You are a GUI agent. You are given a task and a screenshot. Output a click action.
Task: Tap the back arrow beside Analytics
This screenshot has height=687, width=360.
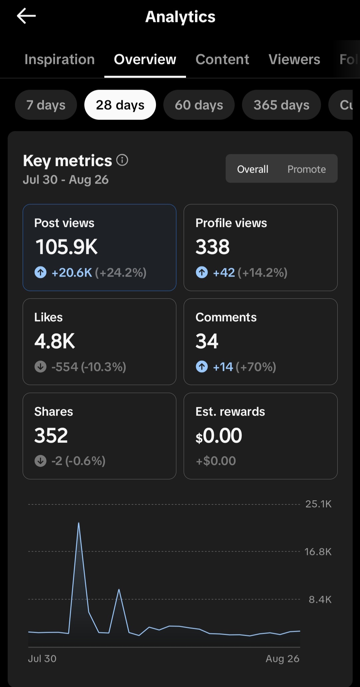26,16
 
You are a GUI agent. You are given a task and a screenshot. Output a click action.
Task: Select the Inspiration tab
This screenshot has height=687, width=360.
60,59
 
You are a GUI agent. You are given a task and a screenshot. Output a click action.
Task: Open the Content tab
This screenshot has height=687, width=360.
222,59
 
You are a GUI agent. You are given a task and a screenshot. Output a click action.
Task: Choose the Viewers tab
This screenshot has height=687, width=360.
294,59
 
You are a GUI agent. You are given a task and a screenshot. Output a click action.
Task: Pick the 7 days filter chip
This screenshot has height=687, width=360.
46,105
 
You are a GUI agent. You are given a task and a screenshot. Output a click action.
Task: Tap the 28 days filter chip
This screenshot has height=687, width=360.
120,105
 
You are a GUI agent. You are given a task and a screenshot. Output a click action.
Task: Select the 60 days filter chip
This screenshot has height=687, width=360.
199,105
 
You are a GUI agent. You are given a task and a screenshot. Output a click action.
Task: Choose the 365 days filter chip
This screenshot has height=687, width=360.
281,105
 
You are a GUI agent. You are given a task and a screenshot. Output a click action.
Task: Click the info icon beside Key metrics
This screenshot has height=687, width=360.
122,160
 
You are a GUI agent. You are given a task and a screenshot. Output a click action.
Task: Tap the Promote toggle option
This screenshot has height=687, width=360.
307,169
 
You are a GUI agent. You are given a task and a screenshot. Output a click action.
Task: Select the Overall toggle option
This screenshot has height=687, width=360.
253,169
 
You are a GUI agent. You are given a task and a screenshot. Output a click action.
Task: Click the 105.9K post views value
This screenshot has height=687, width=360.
66,247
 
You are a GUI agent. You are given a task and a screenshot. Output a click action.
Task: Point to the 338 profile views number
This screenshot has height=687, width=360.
213,247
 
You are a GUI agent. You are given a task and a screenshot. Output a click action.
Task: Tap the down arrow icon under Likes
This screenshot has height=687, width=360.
41,367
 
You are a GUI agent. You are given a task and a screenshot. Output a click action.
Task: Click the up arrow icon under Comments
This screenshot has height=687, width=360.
202,367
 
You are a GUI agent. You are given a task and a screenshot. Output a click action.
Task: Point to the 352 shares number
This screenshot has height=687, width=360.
51,435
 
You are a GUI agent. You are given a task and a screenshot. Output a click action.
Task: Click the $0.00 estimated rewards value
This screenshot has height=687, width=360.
219,436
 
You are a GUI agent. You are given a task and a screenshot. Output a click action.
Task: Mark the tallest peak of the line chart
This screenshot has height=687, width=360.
79,523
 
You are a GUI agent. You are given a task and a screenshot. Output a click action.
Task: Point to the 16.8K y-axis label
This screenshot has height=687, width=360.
318,552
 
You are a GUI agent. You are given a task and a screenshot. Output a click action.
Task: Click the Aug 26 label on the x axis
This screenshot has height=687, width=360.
283,659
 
